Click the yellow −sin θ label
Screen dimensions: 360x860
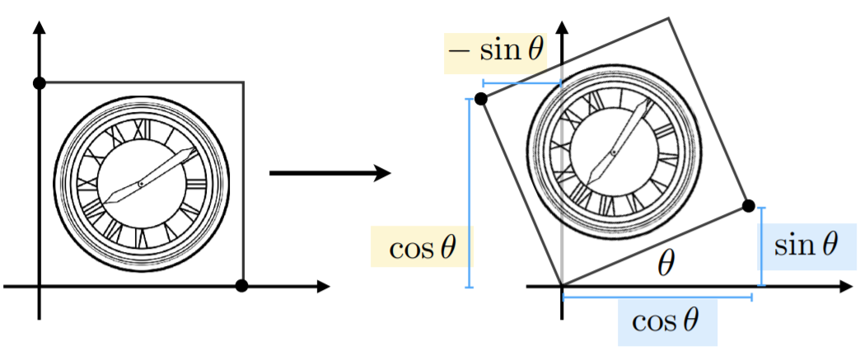pos(494,52)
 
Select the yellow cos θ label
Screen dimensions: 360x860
pos(422,248)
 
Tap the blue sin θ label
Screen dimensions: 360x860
pos(806,245)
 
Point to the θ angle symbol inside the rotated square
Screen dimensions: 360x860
pos(666,264)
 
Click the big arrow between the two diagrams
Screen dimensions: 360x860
pos(330,173)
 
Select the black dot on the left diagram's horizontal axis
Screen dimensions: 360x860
pos(241,286)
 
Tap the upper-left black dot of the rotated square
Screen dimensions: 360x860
pos(482,99)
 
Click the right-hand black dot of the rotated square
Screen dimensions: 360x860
pos(748,205)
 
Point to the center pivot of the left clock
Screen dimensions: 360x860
pos(141,183)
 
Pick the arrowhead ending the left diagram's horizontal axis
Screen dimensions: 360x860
pos(323,287)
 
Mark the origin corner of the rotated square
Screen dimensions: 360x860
pos(562,286)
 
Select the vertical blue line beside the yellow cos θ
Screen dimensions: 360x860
pos(469,194)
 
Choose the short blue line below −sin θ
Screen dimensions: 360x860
pos(521,83)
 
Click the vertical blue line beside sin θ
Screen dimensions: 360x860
pos(761,245)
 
